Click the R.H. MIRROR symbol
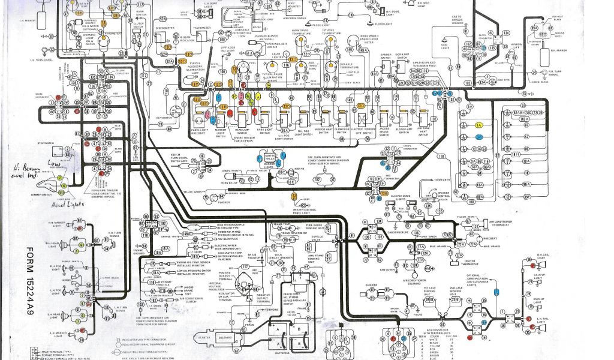544,56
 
